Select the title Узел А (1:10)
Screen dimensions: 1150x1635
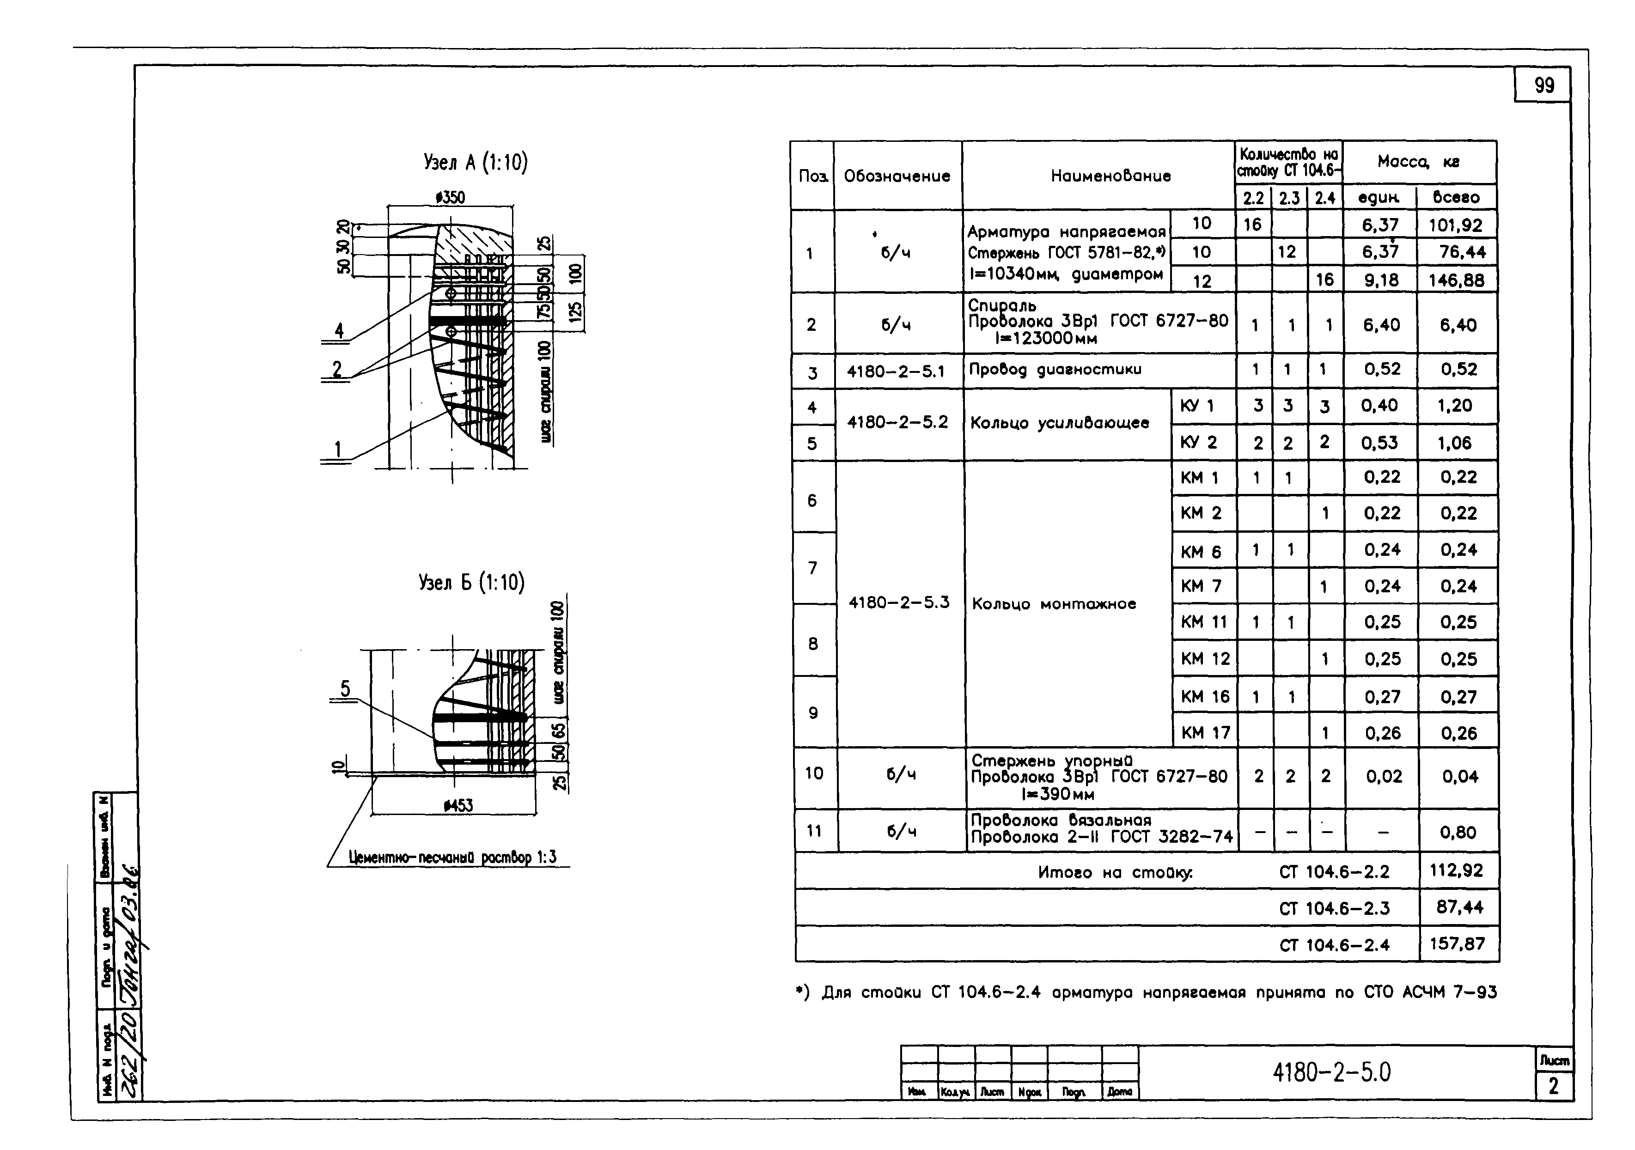coord(475,163)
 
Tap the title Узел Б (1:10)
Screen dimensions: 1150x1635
coord(471,583)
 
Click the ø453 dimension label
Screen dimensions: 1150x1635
coord(458,805)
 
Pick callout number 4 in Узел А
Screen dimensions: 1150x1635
coord(339,330)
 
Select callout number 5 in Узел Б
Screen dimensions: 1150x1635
coord(345,688)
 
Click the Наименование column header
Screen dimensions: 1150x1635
coord(1110,176)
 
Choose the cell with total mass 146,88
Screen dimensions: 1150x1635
coord(1456,280)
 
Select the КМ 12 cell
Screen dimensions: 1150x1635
coord(1205,659)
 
